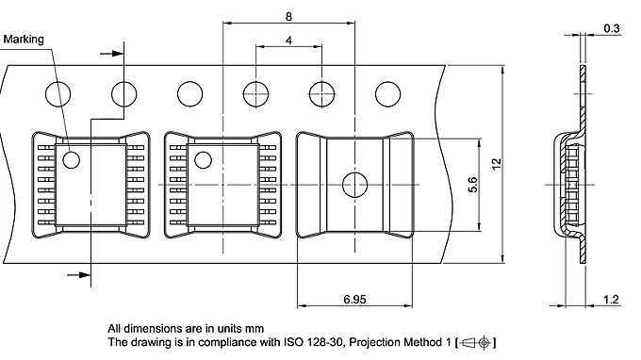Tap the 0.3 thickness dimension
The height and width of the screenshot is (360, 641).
pos(610,28)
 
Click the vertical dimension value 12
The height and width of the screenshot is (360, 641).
pos(497,162)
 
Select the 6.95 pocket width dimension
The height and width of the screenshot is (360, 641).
pos(354,299)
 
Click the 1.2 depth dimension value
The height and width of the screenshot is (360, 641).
pos(610,299)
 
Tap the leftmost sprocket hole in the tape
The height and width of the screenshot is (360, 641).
pos(58,93)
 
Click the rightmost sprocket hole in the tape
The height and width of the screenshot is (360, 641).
pos(387,93)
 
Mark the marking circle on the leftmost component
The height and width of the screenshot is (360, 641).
pos(72,159)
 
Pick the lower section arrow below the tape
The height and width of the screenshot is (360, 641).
pos(80,274)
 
